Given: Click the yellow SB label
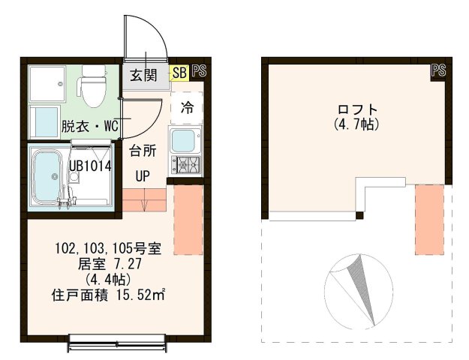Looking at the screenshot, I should click(x=179, y=73).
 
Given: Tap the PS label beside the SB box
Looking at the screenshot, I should click(x=199, y=72).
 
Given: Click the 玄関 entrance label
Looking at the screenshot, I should click(x=143, y=75).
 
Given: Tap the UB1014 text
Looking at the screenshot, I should click(x=90, y=166).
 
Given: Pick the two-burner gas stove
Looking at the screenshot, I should click(x=184, y=164).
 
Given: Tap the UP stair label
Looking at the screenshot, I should click(x=142, y=177).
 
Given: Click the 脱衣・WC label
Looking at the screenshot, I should click(x=86, y=126).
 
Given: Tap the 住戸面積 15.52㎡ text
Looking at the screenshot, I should click(x=109, y=294).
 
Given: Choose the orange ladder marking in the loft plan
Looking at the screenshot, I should click(x=429, y=218).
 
